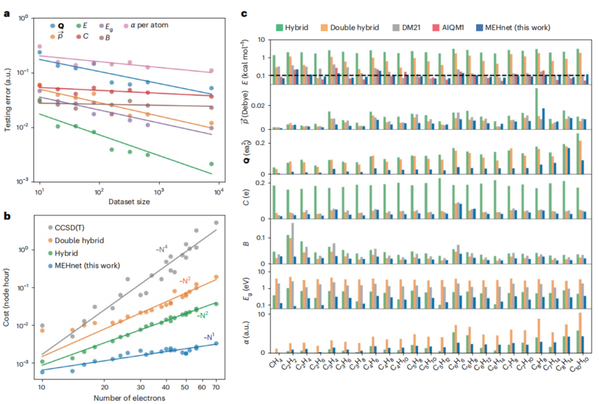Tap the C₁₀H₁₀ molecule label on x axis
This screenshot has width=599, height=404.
(578, 365)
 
